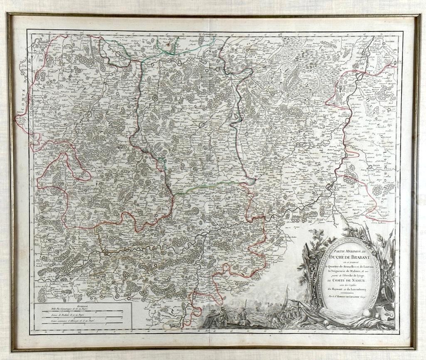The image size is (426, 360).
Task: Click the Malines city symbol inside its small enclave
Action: tap(155, 98)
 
